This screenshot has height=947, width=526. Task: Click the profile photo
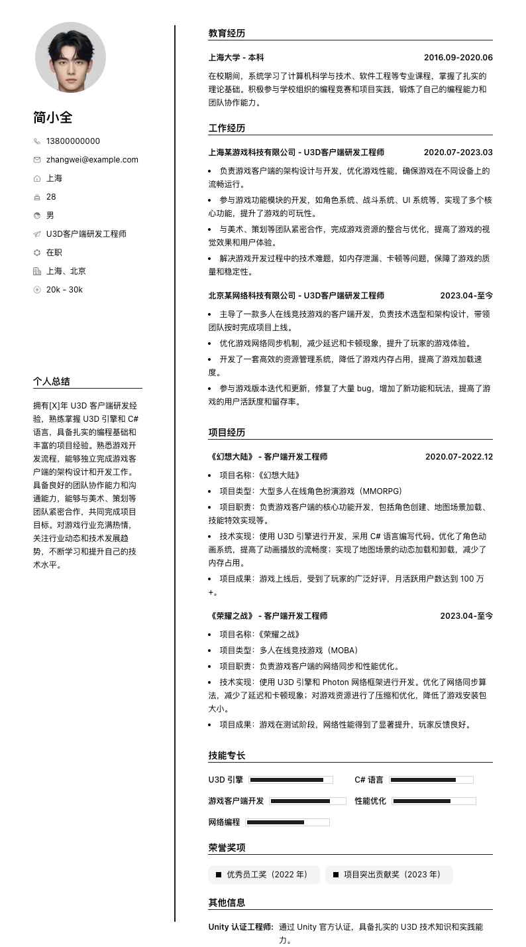(70, 57)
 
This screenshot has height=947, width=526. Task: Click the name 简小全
(53, 117)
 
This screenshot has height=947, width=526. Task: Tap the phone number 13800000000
(73, 141)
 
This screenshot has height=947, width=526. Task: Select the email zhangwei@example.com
(92, 160)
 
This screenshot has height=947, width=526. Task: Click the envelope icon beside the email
(37, 160)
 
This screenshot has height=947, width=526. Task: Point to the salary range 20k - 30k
(64, 290)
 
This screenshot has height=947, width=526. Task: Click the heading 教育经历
(227, 33)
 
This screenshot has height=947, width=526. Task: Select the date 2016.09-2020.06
(458, 58)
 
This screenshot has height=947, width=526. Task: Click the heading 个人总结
(52, 381)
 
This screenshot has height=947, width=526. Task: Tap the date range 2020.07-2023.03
(458, 153)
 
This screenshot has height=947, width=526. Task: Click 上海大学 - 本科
(236, 58)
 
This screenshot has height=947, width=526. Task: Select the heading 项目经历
(227, 432)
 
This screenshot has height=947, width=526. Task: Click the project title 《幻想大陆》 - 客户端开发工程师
(268, 457)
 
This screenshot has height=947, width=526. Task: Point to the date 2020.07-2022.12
(458, 457)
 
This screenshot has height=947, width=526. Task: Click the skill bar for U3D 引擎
(291, 780)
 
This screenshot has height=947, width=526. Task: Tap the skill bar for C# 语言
(431, 780)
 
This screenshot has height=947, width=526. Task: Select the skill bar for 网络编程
(288, 822)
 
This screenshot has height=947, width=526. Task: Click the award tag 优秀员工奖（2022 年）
(264, 875)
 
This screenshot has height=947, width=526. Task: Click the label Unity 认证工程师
(240, 927)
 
